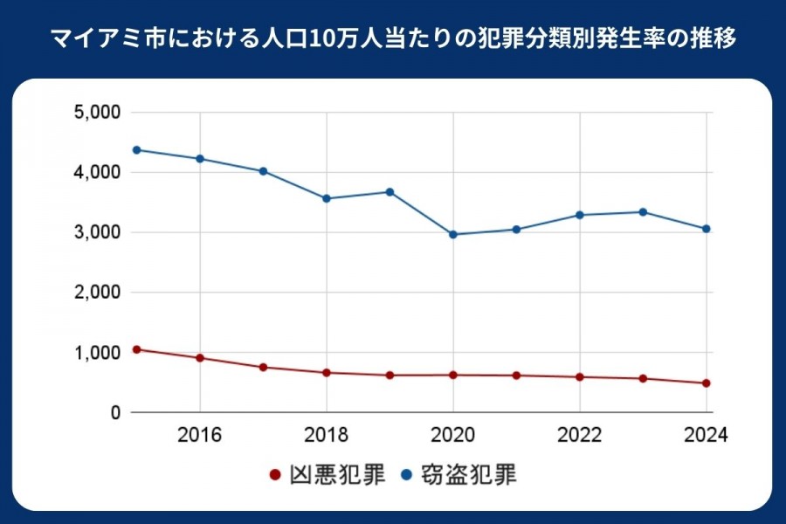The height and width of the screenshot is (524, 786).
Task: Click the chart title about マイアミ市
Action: [392, 39]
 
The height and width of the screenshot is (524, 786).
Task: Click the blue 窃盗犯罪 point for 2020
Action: [453, 234]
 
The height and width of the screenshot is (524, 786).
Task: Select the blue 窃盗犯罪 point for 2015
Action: [136, 149]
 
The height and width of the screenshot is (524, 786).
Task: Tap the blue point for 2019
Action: [390, 191]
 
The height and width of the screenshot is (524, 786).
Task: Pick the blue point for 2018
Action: [327, 198]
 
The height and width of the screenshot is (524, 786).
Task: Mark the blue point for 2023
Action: [643, 211]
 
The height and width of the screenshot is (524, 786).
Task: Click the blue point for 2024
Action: [707, 229]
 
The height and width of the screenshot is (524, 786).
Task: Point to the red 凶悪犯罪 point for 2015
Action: [136, 349]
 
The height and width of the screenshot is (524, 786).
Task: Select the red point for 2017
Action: [263, 367]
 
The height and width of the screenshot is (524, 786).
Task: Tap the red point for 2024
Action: [707, 383]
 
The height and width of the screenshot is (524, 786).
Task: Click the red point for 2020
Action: [453, 375]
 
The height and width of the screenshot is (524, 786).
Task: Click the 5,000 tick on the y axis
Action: [97, 113]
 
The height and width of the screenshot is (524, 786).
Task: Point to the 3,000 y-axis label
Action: [97, 232]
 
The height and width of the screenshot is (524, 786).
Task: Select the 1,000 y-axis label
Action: [97, 352]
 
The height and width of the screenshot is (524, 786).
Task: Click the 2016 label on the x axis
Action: [200, 434]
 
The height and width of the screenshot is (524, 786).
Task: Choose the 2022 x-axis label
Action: [580, 434]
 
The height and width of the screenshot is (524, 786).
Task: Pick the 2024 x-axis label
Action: [707, 434]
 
